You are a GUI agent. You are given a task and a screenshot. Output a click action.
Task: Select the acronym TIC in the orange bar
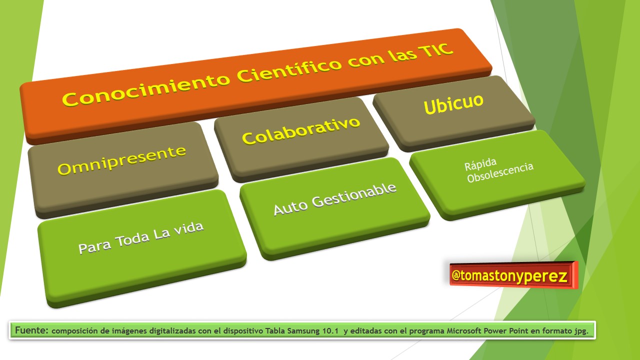coord(435,50)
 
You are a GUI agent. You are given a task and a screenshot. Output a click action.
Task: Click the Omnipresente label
coord(121,160)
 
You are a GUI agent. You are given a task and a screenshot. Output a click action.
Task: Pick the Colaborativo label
coord(301,131)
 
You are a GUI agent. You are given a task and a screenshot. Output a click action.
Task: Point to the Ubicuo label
coord(453,104)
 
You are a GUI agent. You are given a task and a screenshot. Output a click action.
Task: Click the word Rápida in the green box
coord(480,164)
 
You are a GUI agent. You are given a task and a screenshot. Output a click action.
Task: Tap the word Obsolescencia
coord(500,172)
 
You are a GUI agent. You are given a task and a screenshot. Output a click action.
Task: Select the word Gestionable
coord(354,195)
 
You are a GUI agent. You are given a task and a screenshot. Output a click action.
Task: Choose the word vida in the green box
coord(189,228)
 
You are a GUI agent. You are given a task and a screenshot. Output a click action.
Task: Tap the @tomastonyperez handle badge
coord(513,275)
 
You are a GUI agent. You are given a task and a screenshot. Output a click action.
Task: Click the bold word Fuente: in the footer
coord(31,330)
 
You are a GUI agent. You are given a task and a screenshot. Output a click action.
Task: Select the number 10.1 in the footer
coord(330,331)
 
